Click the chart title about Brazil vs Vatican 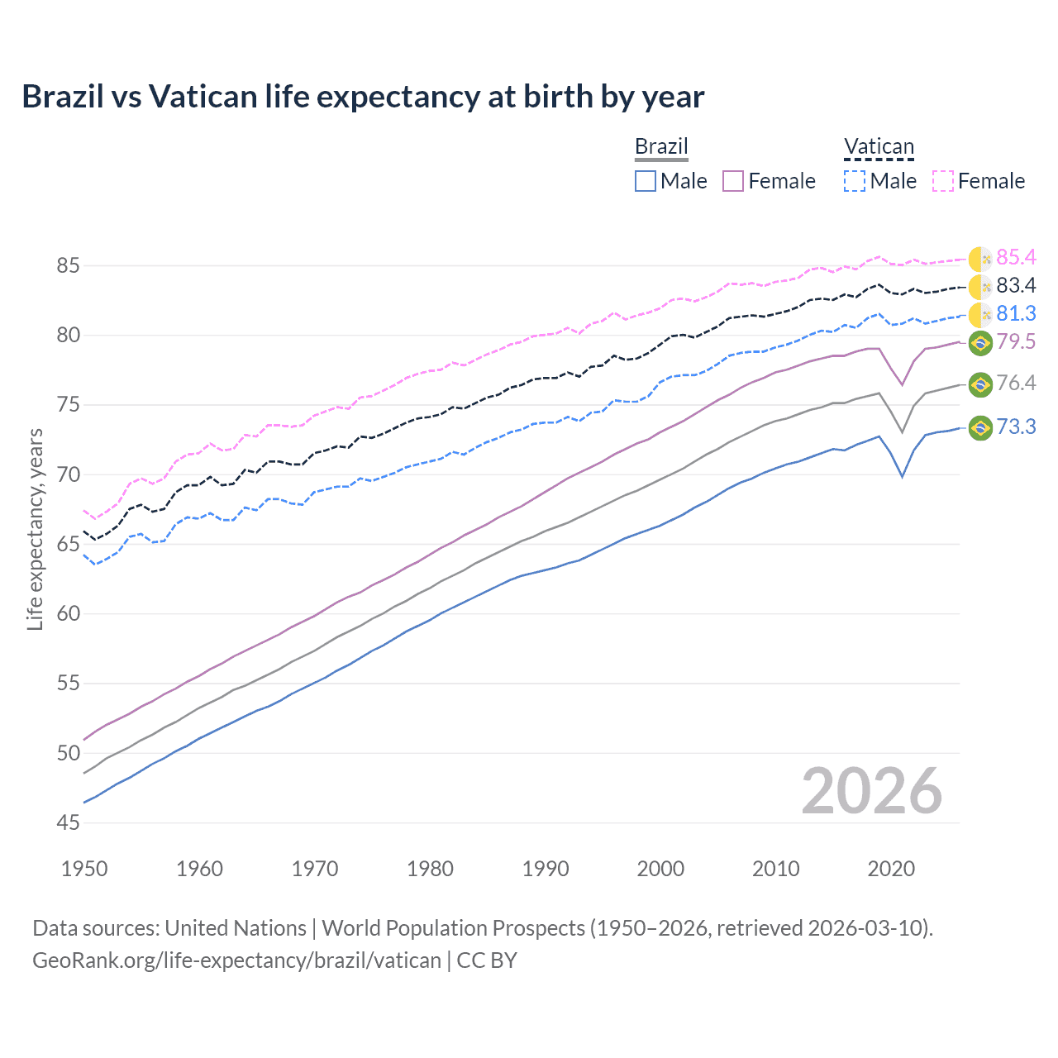tap(363, 97)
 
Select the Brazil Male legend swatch tap(646, 181)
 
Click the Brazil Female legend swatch tap(733, 181)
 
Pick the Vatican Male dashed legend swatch tap(855, 181)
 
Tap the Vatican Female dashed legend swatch tap(943, 181)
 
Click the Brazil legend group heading tap(661, 146)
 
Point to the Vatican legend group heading tap(879, 146)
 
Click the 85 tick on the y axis tap(69, 266)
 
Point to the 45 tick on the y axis tap(69, 822)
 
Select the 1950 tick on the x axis tap(84, 869)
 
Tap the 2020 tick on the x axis tap(892, 869)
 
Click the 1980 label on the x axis tap(431, 869)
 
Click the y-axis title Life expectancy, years tap(35, 529)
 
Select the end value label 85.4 tap(1016, 258)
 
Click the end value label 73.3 tap(1016, 427)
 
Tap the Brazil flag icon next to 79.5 tap(980, 342)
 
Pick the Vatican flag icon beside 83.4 tap(980, 287)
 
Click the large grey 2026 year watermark tap(872, 791)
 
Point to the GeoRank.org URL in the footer tap(236, 960)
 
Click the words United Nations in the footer tap(236, 928)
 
